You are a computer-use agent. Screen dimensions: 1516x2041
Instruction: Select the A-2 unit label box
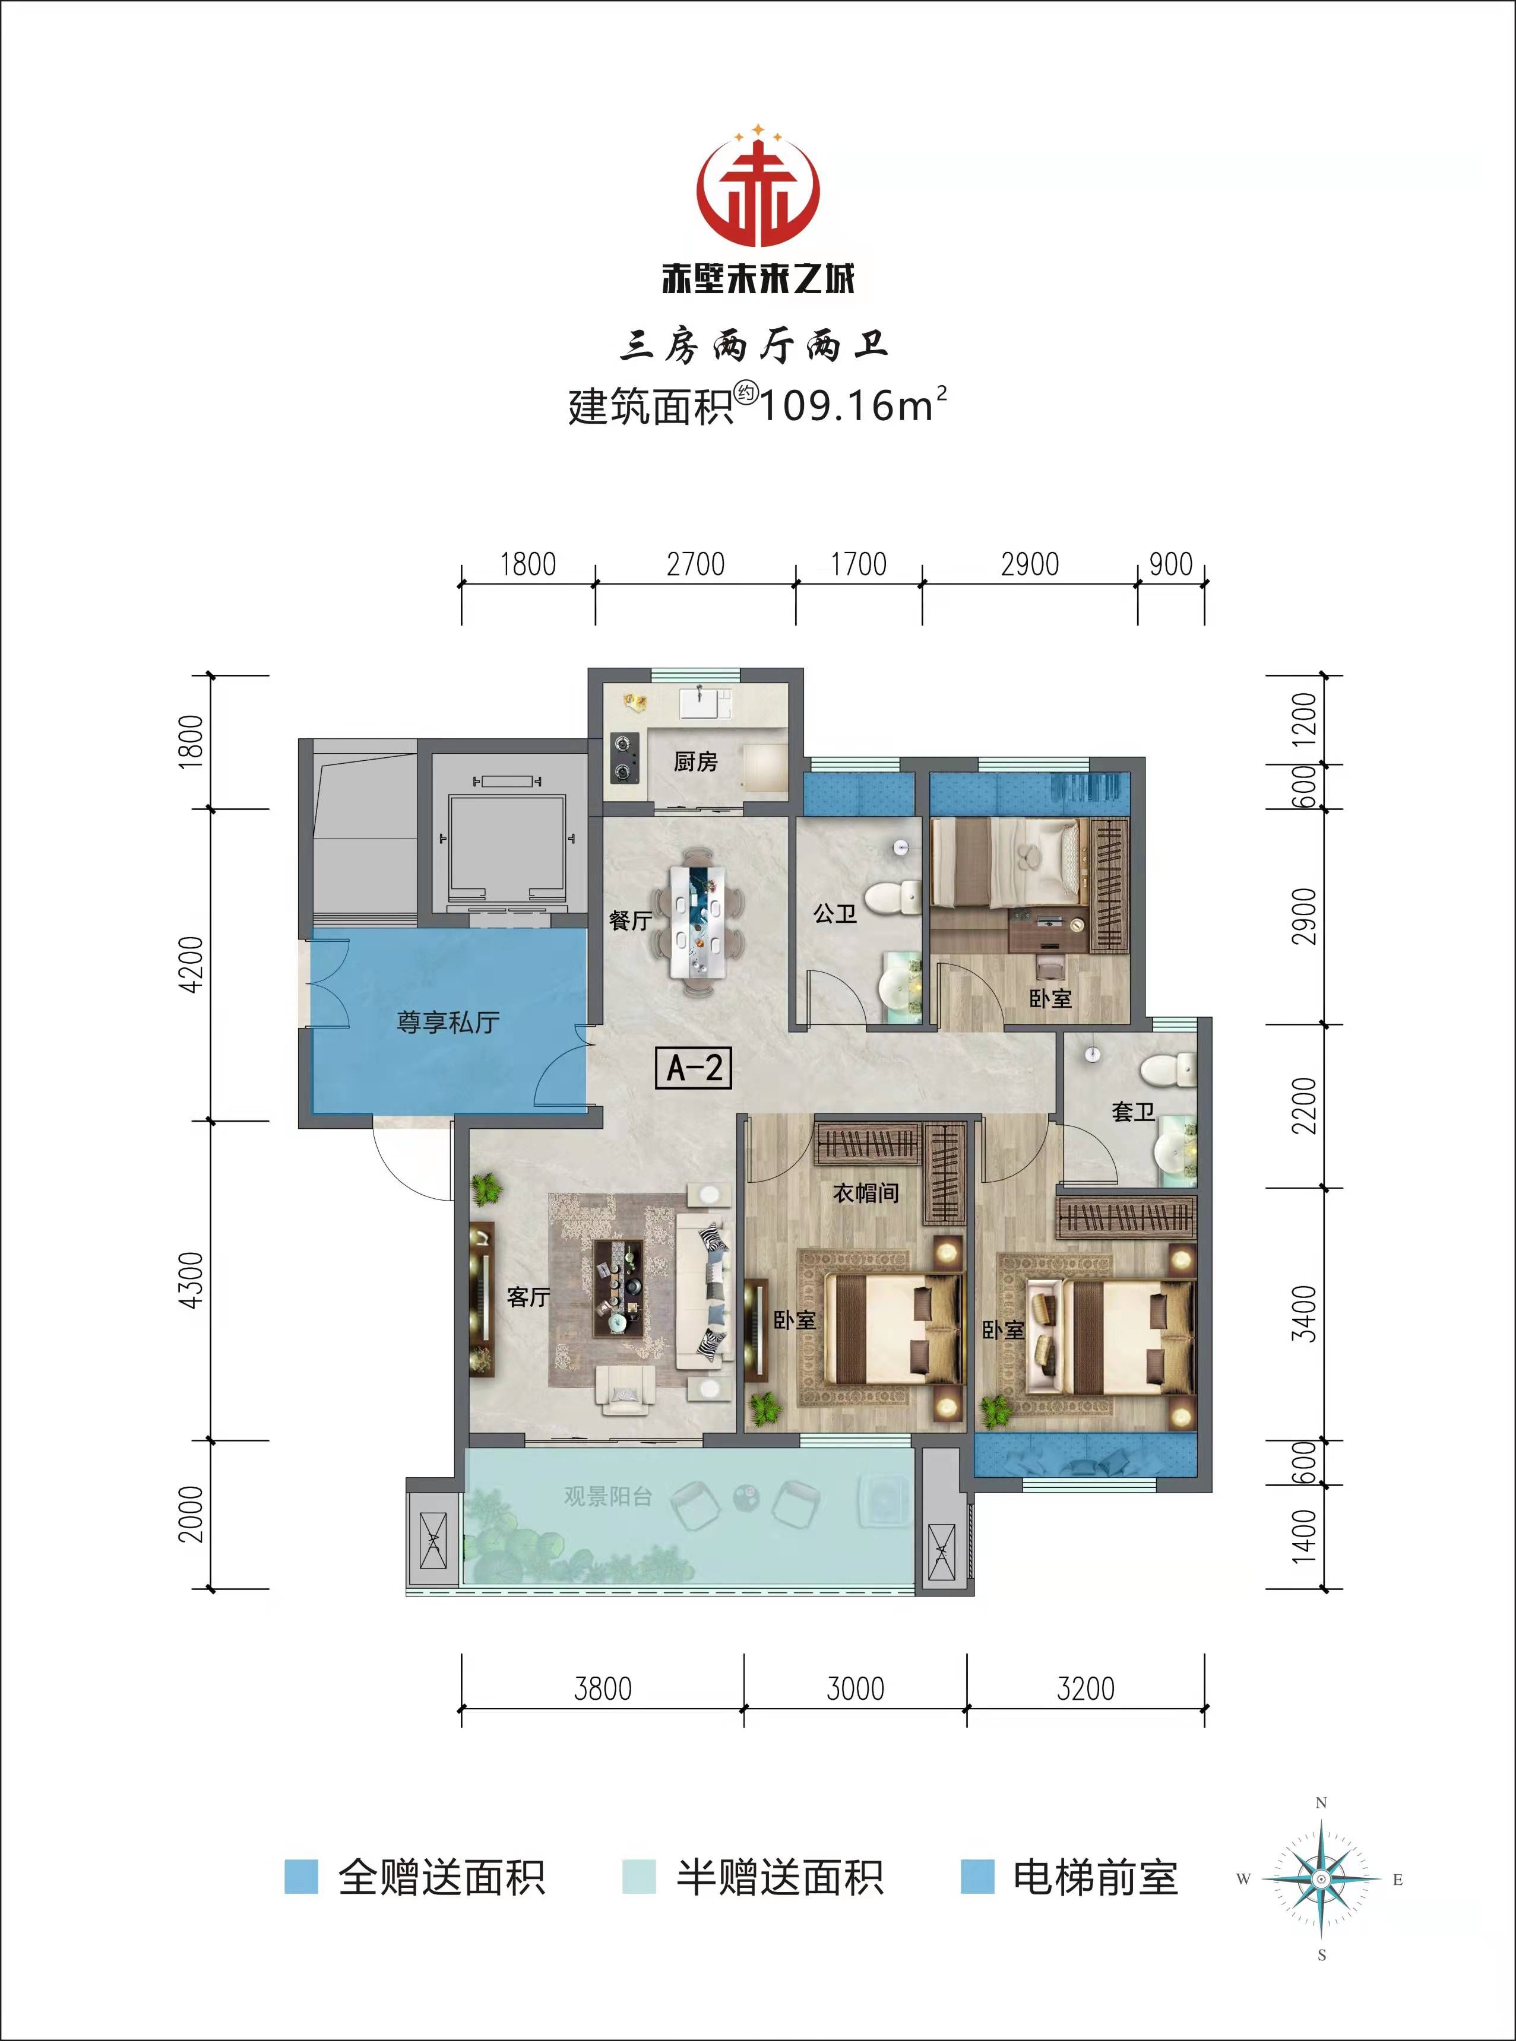pos(694,1068)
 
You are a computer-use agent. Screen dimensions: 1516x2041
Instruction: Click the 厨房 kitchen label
pos(695,761)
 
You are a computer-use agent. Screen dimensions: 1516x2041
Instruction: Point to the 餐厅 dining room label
pos(631,920)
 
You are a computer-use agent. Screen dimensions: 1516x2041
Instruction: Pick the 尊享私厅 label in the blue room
pos(448,1022)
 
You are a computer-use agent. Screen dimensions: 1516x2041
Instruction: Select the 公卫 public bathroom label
pos(835,913)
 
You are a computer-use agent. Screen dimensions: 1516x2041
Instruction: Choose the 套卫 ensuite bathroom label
pos(1134,1112)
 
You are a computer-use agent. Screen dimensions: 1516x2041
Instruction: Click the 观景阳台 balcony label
pos(607,1496)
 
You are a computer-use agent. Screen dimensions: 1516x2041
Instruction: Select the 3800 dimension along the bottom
pos(603,1688)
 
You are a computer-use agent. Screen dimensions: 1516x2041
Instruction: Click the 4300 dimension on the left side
pos(192,1280)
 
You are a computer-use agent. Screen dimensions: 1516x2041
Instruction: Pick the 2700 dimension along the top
pos(695,564)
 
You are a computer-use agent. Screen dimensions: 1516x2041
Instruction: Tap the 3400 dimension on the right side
pos(1303,1313)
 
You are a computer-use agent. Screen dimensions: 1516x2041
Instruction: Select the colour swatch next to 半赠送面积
pos(639,1876)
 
